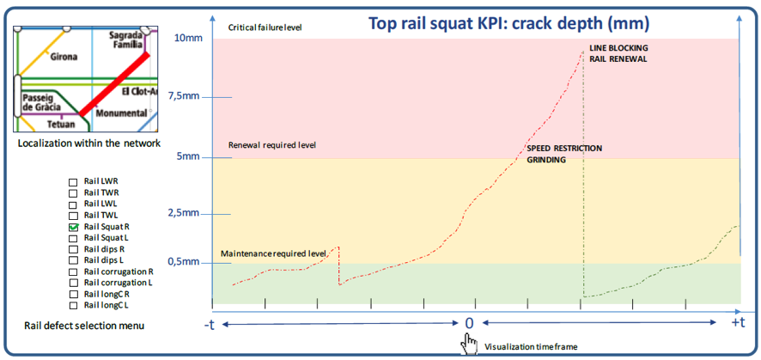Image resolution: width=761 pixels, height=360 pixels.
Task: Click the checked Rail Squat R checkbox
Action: click(74, 227)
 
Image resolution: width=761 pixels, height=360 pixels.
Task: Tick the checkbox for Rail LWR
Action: click(74, 182)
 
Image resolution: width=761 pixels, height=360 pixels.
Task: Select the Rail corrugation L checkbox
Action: click(74, 283)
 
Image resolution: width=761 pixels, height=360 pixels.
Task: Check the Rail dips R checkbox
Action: click(74, 249)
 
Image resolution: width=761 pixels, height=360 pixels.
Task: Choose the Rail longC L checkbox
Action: click(74, 305)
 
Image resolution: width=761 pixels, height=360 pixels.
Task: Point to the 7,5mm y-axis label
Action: click(184, 95)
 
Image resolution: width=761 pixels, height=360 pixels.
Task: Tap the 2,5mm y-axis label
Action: click(184, 212)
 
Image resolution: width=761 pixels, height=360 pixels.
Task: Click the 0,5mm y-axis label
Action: click(184, 261)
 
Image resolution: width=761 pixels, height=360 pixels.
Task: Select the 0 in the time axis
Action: click(469, 323)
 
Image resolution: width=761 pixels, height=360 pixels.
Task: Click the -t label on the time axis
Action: click(209, 323)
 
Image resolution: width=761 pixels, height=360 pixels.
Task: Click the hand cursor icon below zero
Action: click(469, 344)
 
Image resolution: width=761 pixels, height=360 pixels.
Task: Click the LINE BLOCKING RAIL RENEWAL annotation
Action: click(618, 53)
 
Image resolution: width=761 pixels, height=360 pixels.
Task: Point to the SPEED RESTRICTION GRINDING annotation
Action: click(564, 154)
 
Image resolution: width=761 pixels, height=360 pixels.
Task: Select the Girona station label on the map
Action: click(63, 57)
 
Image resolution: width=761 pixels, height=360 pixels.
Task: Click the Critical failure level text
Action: click(265, 28)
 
